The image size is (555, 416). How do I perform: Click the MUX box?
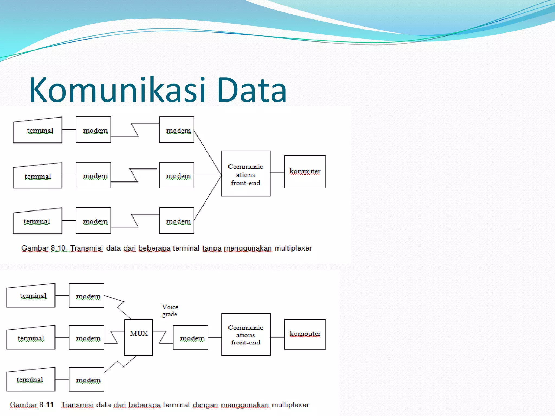coord(138,337)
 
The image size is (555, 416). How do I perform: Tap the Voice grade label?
coord(170,311)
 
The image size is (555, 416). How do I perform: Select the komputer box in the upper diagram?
coord(305,172)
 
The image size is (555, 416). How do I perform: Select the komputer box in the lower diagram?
coord(305,334)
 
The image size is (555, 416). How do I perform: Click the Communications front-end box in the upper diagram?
coord(246,174)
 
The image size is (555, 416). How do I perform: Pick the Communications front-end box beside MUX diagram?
coord(246,334)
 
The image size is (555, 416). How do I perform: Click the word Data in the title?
coord(251,90)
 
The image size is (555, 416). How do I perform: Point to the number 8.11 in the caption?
coord(46,405)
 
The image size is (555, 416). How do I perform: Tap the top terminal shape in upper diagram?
coord(38,131)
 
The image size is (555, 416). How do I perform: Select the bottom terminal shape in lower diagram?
coord(31,380)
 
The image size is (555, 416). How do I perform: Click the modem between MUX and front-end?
coord(191,337)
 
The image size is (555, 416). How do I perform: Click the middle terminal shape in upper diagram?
coord(38,176)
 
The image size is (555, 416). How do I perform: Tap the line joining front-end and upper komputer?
coord(277,173)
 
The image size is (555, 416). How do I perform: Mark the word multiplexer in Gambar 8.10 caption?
coord(293,248)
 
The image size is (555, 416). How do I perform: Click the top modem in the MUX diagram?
coord(86,295)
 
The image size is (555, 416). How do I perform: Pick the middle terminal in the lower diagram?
coord(31,338)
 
